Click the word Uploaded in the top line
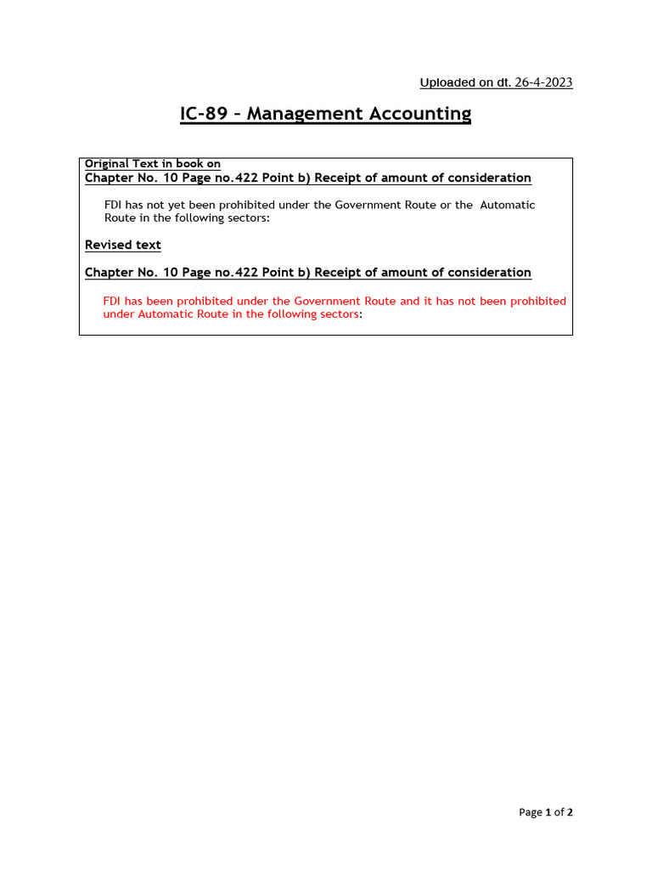(x=447, y=82)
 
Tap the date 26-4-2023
(x=542, y=82)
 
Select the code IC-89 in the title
(x=204, y=113)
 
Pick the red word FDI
(x=113, y=301)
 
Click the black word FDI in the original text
(x=114, y=205)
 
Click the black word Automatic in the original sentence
(x=508, y=205)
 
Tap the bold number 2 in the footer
(x=570, y=812)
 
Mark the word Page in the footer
(x=531, y=812)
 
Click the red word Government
(x=325, y=301)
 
